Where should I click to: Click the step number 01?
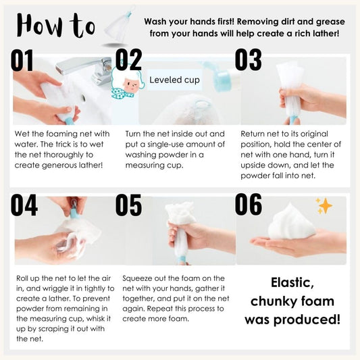tap(22, 60)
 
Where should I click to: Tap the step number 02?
tap(128, 59)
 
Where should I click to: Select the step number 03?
tap(248, 59)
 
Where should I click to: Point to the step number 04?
tap(24, 205)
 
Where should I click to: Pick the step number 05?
tap(128, 205)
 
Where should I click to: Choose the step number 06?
tap(248, 205)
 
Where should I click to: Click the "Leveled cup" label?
tap(174, 80)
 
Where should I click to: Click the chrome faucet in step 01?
tap(86, 68)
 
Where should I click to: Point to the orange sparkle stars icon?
tap(324, 206)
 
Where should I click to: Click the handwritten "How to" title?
tap(56, 26)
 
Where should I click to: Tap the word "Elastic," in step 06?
tap(292, 283)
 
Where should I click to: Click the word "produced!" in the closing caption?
tap(307, 320)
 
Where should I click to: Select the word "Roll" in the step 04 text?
tap(22, 278)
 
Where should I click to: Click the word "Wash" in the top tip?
tap(155, 22)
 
